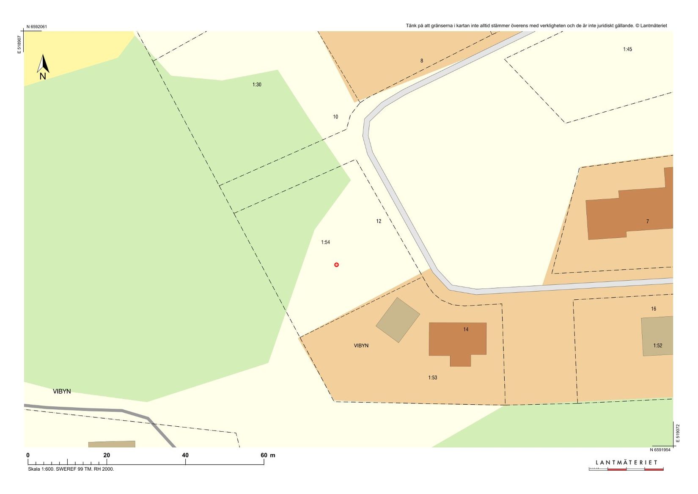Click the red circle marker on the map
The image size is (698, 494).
336,265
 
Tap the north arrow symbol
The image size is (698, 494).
43,67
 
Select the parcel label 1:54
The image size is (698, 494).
325,243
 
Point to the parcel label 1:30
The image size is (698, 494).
257,85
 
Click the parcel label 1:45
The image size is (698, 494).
627,50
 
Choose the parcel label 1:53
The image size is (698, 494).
432,378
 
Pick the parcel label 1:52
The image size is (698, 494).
657,345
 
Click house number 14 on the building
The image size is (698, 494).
466,329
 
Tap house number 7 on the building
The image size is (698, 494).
648,221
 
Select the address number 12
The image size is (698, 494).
379,221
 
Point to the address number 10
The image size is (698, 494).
335,117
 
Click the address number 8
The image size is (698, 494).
422,61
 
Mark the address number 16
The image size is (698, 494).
654,309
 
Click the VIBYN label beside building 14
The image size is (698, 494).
361,345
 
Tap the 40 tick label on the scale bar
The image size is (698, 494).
185,455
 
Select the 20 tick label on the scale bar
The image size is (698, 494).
107,455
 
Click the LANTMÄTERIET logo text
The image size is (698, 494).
627,463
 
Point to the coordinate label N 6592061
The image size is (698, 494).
37,27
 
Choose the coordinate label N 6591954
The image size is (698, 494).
660,450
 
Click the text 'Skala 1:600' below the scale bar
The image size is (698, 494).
41,469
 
